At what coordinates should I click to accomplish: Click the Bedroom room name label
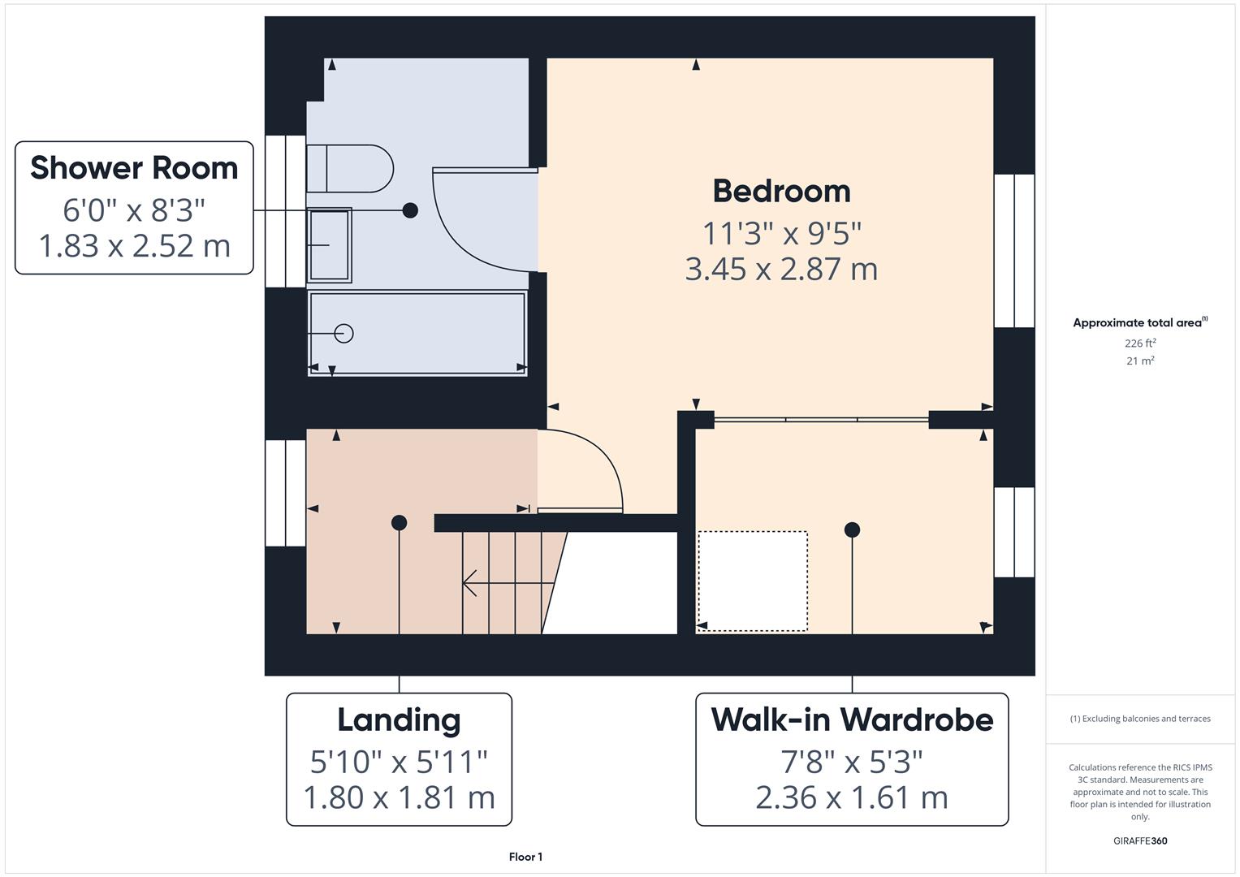pos(781,192)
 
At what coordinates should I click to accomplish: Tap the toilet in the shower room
pos(349,169)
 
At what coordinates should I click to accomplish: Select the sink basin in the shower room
pos(329,244)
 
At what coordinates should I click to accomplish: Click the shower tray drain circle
pos(344,333)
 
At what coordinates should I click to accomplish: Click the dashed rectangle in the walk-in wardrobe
pos(753,581)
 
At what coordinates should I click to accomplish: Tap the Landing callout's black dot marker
pos(399,523)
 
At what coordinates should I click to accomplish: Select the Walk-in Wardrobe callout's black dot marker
pos(852,530)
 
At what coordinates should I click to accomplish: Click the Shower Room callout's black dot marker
pos(410,210)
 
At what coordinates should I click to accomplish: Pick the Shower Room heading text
pos(134,168)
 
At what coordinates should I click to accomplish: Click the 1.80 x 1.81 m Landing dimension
pos(399,797)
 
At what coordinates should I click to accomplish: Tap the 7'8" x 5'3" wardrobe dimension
pos(852,762)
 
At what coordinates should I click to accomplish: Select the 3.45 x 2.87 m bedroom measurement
pos(781,269)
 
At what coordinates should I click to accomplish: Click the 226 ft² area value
pos(1140,343)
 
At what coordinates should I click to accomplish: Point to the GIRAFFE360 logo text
pos(1140,840)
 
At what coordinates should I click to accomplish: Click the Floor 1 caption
pos(525,857)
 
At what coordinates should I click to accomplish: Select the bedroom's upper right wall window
pos(1014,250)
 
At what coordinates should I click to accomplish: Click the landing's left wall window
pos(286,493)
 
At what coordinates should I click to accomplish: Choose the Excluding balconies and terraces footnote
pos(1140,719)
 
